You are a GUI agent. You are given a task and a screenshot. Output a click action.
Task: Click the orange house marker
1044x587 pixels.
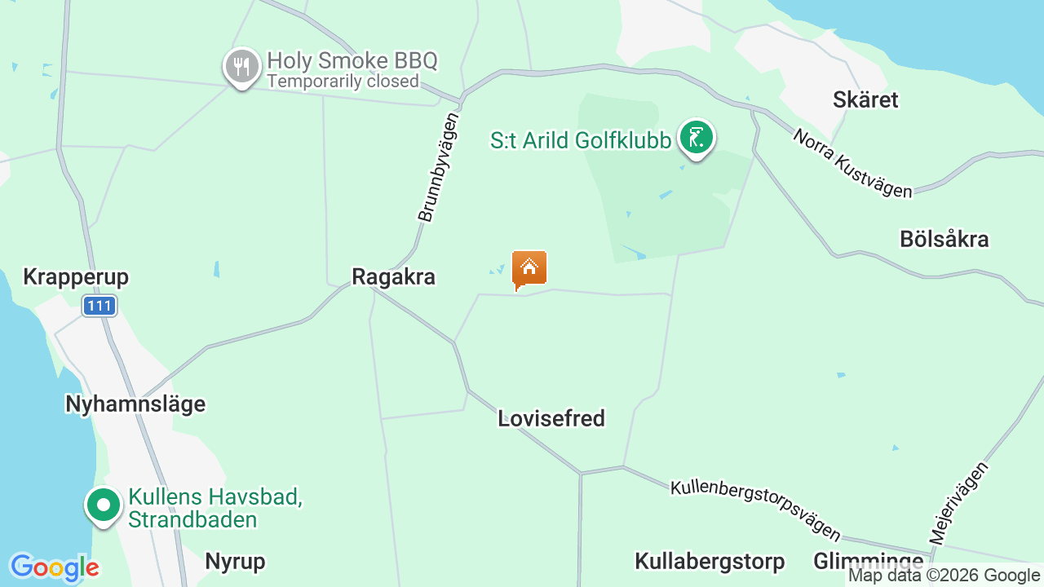click(x=529, y=268)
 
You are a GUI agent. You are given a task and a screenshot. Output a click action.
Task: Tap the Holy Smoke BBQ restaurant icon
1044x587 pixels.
click(x=241, y=66)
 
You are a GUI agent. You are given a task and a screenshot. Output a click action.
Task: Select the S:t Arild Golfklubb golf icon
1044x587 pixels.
click(x=696, y=138)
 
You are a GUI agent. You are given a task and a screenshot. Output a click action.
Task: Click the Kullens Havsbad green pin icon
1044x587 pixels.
click(x=104, y=505)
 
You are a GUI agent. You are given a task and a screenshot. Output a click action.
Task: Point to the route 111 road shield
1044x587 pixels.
click(x=100, y=306)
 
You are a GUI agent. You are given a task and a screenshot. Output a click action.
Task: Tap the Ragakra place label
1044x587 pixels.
click(x=393, y=277)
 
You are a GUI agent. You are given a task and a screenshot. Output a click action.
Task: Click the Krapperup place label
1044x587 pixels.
click(x=76, y=277)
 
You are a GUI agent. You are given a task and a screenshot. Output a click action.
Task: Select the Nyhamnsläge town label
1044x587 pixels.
click(x=135, y=404)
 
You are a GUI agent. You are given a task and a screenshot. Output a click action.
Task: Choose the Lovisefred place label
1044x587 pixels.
click(x=551, y=419)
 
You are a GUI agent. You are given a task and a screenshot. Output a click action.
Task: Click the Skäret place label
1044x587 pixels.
click(x=865, y=100)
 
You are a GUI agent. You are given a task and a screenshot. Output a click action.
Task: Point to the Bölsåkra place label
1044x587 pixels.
click(x=944, y=240)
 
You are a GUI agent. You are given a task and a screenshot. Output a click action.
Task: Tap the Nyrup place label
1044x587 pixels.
click(x=235, y=562)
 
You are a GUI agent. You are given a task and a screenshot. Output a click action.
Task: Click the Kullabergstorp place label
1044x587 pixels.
click(x=710, y=562)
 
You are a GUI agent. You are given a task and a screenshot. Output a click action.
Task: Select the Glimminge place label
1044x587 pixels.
click(x=868, y=562)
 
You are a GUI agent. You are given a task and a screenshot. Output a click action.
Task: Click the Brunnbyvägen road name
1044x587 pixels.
click(x=438, y=167)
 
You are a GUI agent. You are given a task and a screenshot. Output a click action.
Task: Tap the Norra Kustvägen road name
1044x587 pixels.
click(x=852, y=164)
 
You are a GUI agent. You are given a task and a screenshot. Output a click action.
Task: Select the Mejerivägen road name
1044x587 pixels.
click(x=960, y=502)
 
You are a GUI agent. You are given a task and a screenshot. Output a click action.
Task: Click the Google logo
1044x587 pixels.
click(x=54, y=567)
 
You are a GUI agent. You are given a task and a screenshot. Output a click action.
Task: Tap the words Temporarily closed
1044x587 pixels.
click(x=343, y=82)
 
